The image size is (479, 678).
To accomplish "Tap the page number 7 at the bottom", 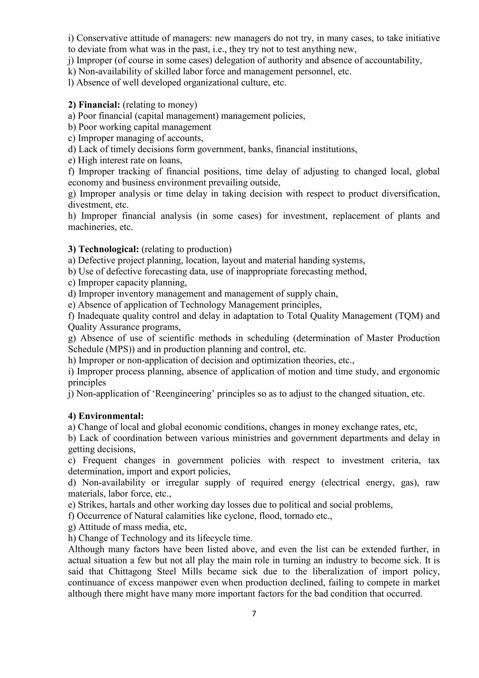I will (254, 614).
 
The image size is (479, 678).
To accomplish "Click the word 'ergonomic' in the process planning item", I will (419, 372).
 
